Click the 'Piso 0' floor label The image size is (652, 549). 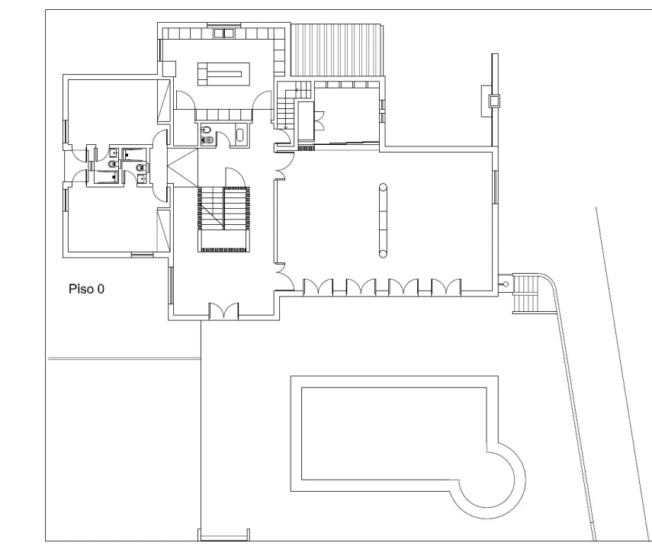86,289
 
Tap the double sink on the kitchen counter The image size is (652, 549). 224,34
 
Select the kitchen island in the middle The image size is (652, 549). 223,74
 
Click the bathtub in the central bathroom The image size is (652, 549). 240,135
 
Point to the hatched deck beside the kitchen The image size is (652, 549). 336,50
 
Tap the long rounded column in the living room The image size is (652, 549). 383,220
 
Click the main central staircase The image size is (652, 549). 224,219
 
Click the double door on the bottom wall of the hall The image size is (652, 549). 223,310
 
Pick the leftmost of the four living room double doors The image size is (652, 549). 318,287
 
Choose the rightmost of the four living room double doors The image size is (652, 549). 446,287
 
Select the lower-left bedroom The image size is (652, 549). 112,220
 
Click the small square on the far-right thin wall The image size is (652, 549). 494,101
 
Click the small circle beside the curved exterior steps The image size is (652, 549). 506,284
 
